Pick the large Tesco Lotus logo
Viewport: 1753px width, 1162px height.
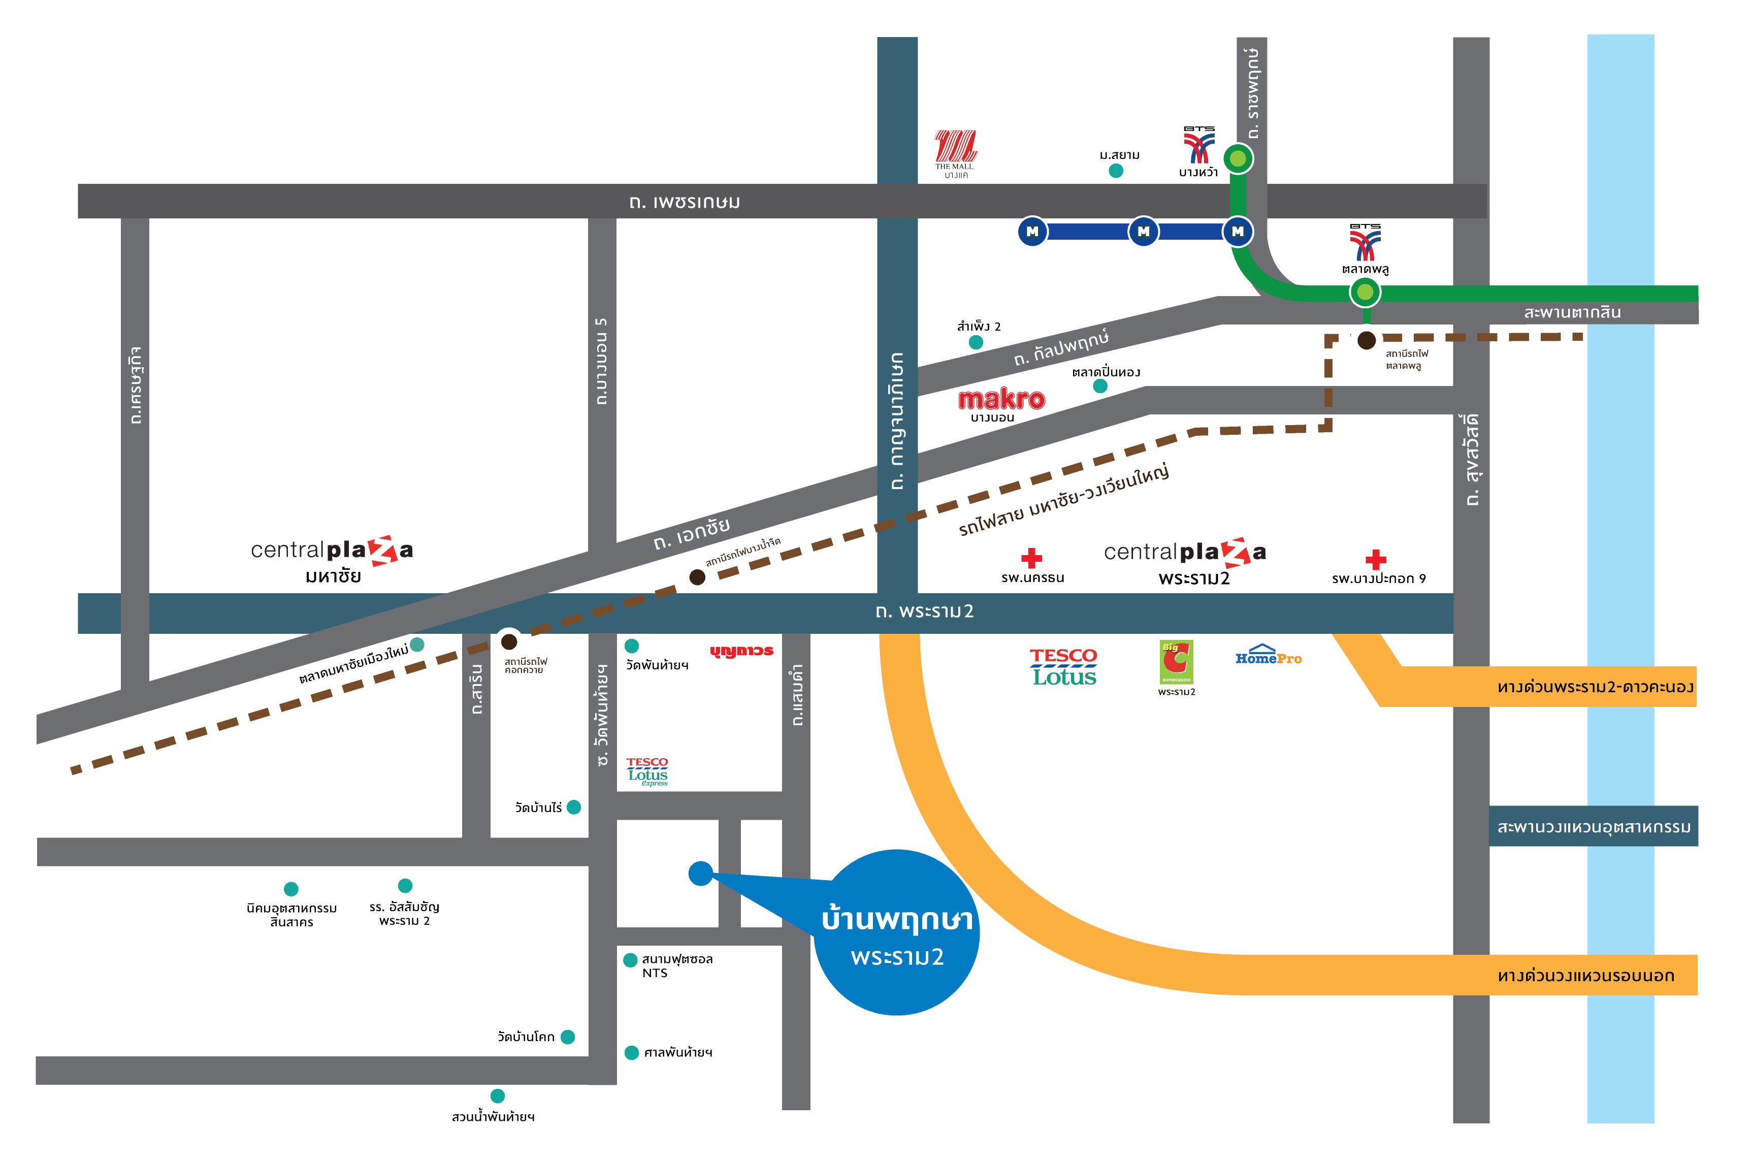[1063, 667]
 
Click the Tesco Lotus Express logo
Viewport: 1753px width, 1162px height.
[647, 771]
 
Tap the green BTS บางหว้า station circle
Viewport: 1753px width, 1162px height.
[1238, 158]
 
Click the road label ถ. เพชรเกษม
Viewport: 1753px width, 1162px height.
[684, 202]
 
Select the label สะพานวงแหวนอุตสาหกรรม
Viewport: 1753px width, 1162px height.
[1594, 827]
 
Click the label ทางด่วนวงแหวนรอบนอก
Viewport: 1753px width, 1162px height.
[1585, 975]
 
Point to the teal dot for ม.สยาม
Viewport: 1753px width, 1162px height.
[1115, 171]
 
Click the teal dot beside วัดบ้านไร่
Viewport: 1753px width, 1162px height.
[573, 807]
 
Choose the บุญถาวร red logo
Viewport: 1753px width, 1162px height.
[741, 652]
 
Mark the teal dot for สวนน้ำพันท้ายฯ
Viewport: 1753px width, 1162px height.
[497, 1096]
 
